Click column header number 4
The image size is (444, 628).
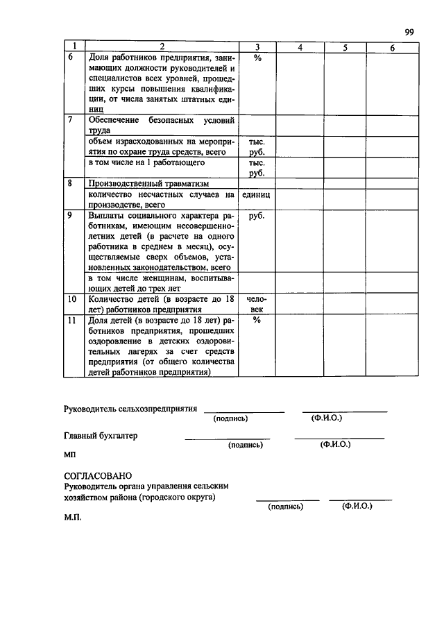[300, 47]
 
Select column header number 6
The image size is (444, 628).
[392, 47]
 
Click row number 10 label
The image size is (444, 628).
[71, 299]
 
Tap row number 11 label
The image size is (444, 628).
[71, 321]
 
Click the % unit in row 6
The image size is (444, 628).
[256, 58]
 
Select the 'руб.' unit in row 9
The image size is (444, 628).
[256, 216]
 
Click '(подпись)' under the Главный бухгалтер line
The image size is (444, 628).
[246, 445]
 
